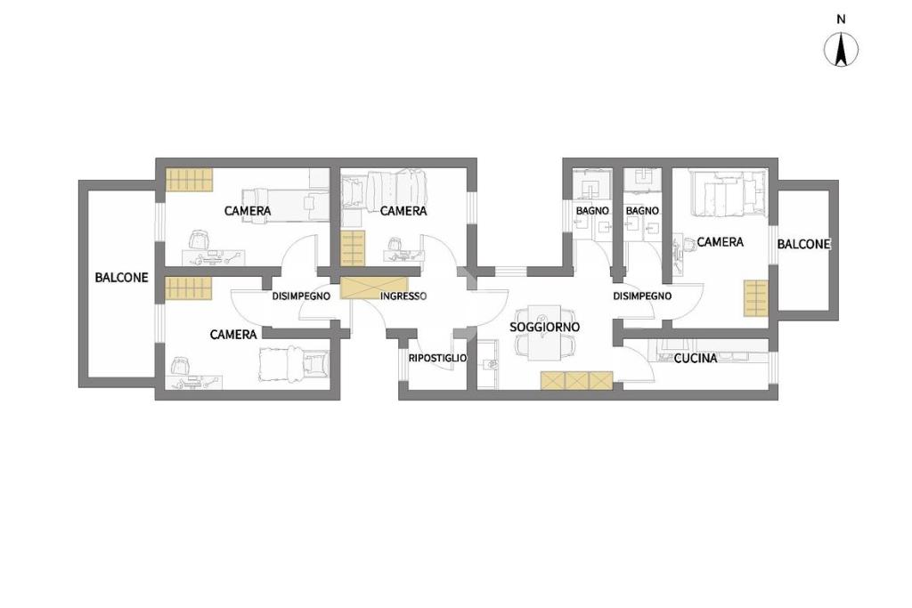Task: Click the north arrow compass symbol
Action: (x=841, y=50)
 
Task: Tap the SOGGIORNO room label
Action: (x=544, y=328)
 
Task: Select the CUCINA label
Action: (x=695, y=359)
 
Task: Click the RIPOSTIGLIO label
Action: (x=437, y=358)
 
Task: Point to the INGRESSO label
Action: (x=403, y=296)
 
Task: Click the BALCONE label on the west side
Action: (x=121, y=278)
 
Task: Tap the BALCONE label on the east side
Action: (x=804, y=244)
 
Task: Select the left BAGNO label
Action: (x=592, y=210)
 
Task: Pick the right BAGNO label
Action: (x=642, y=210)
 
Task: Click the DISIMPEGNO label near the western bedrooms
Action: (x=301, y=296)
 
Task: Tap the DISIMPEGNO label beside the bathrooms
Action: (x=642, y=296)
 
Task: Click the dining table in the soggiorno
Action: (x=544, y=332)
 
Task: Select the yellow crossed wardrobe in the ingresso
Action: (x=360, y=288)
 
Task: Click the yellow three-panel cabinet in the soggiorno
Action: (x=576, y=381)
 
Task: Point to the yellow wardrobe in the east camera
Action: (x=755, y=298)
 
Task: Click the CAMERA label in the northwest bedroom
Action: (x=248, y=210)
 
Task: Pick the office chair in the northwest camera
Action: (x=199, y=239)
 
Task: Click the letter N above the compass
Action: (x=841, y=20)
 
